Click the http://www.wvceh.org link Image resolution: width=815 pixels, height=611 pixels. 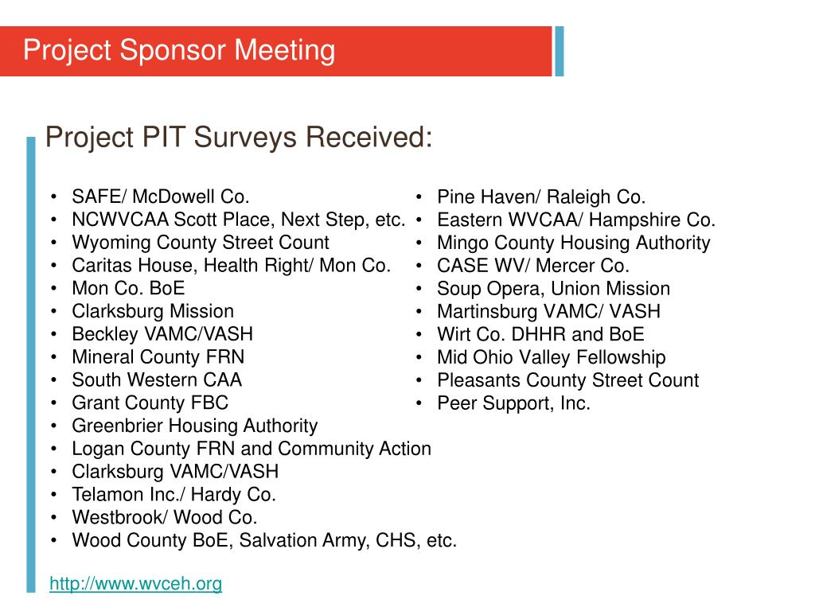(135, 584)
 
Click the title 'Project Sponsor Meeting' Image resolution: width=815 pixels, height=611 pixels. (179, 51)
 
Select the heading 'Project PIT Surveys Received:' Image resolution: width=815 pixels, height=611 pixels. (239, 137)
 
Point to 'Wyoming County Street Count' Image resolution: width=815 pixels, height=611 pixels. (201, 243)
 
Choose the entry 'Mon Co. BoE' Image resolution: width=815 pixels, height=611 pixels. (128, 288)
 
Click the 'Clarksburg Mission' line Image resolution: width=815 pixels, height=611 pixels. (153, 311)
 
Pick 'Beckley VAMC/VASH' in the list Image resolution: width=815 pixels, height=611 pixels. (162, 334)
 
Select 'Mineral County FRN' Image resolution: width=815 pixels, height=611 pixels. (158, 357)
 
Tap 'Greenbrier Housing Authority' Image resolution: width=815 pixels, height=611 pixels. (195, 426)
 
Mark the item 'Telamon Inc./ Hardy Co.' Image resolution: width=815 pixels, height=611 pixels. (174, 495)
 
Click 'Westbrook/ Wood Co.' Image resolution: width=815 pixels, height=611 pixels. (165, 518)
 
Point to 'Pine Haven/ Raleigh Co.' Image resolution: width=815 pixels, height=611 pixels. (541, 197)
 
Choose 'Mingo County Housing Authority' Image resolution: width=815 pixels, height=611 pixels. (574, 243)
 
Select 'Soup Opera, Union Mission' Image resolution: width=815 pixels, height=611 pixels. (554, 288)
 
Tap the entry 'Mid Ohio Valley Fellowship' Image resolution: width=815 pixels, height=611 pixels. (552, 357)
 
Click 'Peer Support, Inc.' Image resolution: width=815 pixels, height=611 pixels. (514, 403)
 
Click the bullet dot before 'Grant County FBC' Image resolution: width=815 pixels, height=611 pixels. (53, 403)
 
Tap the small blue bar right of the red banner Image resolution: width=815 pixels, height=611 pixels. (560, 51)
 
